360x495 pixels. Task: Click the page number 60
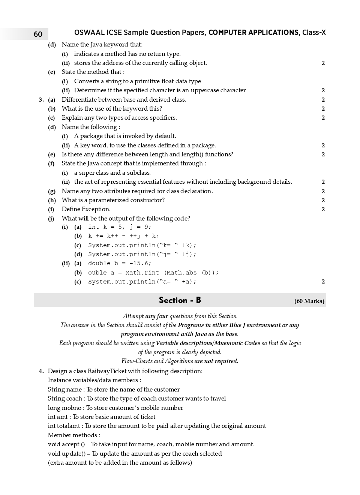(x=38, y=34)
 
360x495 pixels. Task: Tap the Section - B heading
(x=180, y=300)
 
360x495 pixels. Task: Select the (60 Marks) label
(x=309, y=301)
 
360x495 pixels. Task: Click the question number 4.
(x=41, y=371)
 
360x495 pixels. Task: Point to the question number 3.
(x=41, y=100)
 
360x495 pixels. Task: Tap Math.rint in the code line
(x=142, y=273)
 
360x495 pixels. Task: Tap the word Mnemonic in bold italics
(x=229, y=343)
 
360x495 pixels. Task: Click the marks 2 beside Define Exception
(x=323, y=209)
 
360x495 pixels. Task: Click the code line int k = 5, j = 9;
(x=120, y=227)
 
